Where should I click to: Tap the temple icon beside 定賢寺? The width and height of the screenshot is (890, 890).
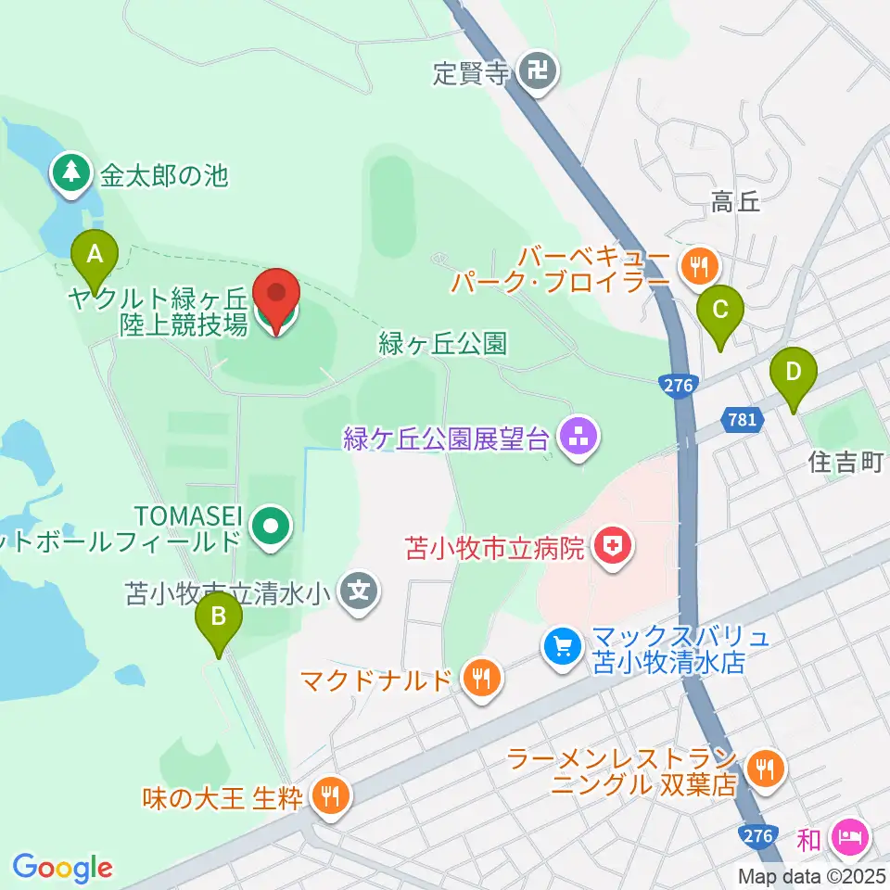pos(538,71)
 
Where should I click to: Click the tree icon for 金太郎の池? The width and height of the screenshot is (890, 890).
pos(71,173)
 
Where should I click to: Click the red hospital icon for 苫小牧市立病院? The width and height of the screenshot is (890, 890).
pos(614,548)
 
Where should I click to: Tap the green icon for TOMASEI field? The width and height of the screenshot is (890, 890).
pos(271,527)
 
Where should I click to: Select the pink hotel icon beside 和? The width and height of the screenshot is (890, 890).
pos(848,839)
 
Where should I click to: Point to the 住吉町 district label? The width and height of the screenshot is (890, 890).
pos(845,462)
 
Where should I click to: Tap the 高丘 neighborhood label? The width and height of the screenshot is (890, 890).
pos(735,202)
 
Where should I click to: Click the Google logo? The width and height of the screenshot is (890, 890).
pos(62,867)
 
